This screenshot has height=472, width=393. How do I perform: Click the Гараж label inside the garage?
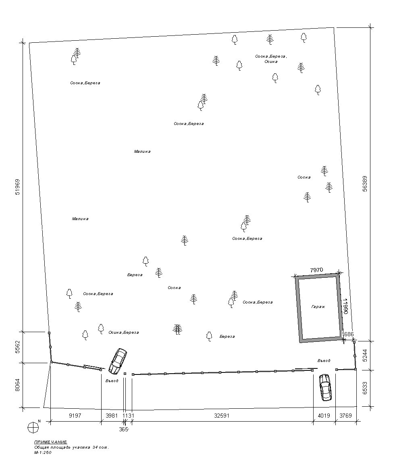[318, 307]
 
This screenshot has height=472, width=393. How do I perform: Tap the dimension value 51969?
[17, 187]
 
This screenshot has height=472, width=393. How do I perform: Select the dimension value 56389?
[365, 184]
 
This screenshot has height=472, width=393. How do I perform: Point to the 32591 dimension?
[222, 416]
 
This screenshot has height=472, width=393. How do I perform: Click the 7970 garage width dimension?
[316, 270]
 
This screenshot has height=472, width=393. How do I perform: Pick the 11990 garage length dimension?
[345, 306]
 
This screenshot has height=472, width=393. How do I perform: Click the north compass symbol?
[33, 427]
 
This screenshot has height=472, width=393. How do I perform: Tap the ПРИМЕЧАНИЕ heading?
[50, 442]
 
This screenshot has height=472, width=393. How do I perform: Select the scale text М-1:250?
[43, 452]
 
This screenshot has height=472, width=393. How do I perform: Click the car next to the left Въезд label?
[118, 361]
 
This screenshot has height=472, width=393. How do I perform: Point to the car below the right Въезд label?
[325, 387]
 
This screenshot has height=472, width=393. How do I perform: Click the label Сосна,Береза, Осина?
[271, 59]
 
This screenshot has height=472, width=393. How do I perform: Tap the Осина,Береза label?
[124, 333]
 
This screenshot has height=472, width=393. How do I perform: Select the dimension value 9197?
[75, 416]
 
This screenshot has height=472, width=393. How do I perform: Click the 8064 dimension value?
[17, 385]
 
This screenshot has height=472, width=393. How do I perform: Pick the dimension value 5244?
[365, 355]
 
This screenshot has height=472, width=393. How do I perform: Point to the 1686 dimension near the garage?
[348, 334]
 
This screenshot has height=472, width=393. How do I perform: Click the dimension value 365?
[124, 430]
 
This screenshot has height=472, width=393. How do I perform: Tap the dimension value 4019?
[324, 416]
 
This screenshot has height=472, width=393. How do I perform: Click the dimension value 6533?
[365, 388]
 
